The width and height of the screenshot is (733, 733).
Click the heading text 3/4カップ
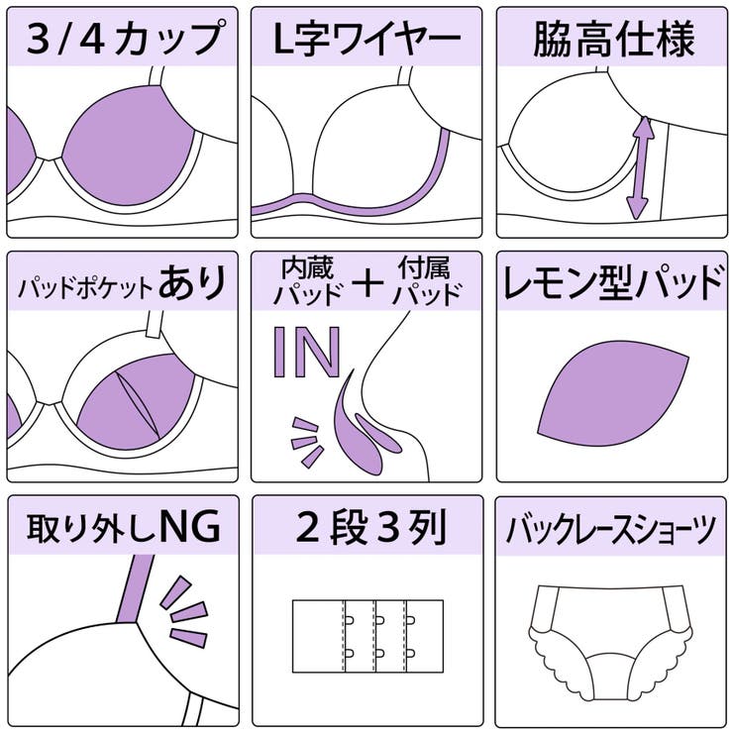click(x=123, y=40)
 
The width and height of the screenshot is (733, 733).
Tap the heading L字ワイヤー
click(x=367, y=40)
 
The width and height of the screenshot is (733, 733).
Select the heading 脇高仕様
click(x=613, y=40)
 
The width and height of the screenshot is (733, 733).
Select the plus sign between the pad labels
click(x=367, y=283)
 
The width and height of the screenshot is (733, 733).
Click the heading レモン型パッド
click(x=613, y=284)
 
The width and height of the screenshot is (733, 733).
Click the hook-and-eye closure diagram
click(x=367, y=635)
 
